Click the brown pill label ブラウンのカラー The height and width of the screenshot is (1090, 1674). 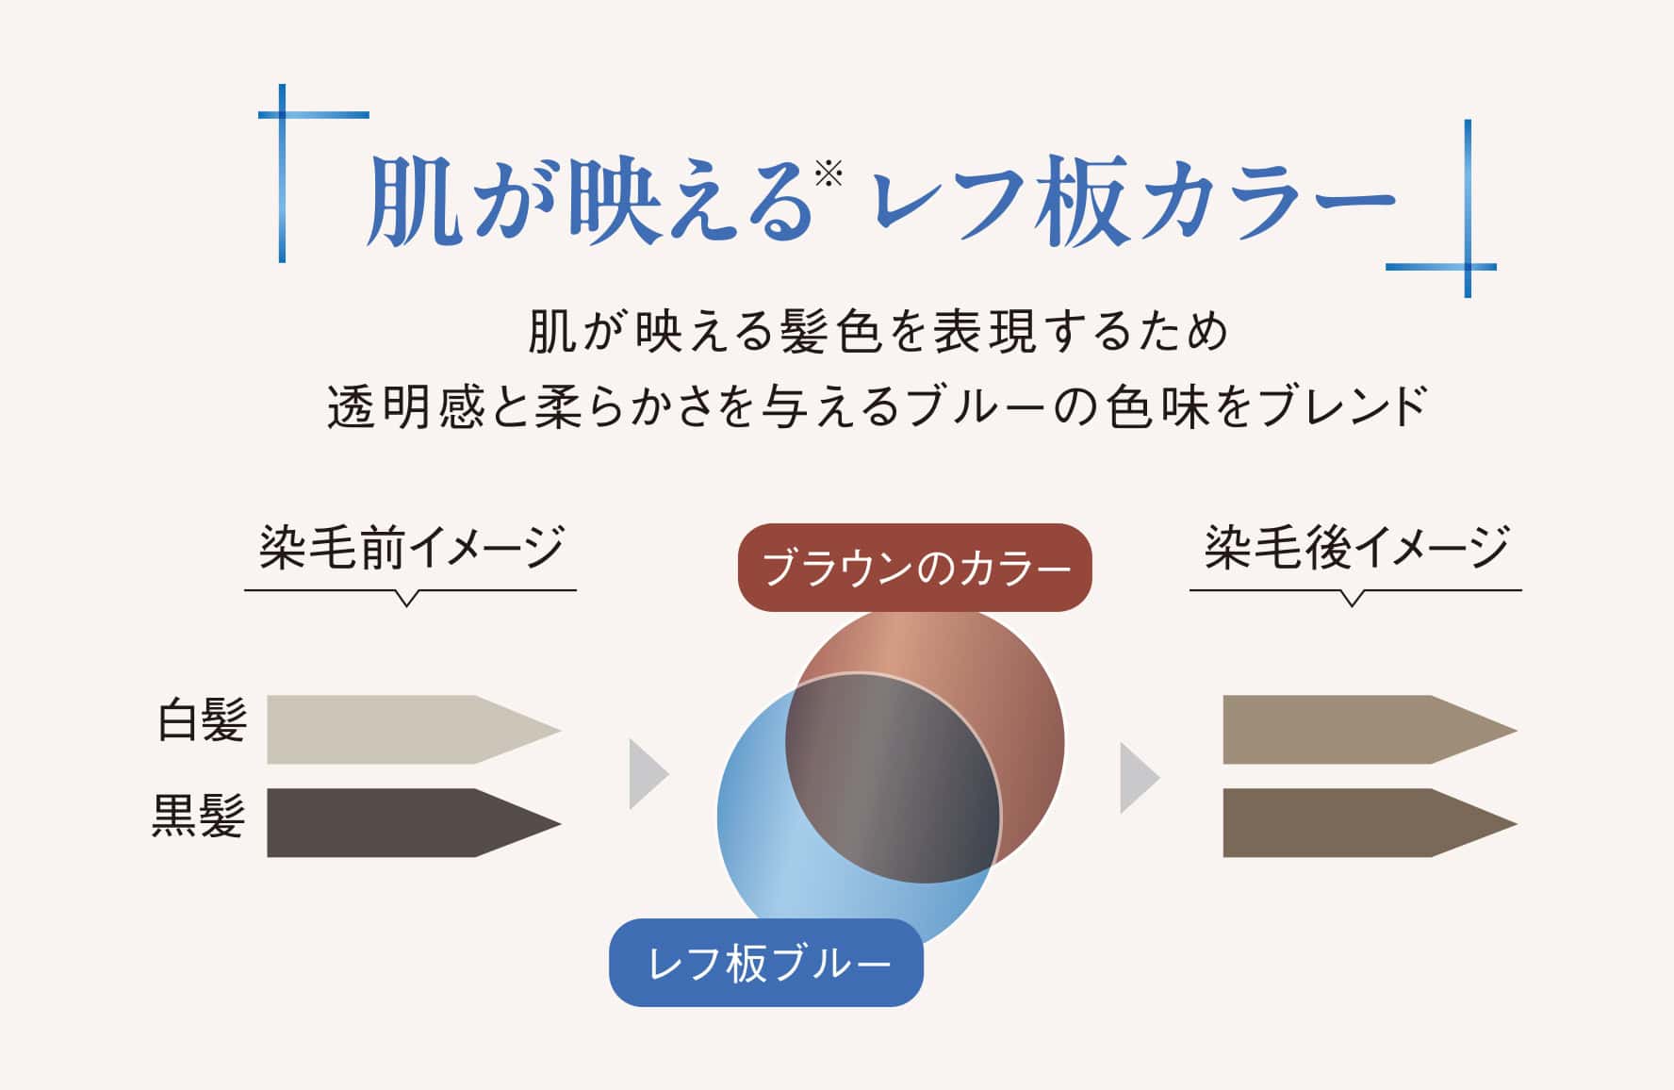pyautogui.click(x=914, y=569)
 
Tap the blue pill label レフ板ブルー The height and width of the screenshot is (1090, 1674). pyautogui.click(x=766, y=963)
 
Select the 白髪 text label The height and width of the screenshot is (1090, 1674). pyautogui.click(x=202, y=721)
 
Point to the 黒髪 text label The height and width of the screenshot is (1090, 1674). pyautogui.click(x=199, y=816)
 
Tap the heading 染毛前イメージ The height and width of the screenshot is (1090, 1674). pyautogui.click(x=411, y=548)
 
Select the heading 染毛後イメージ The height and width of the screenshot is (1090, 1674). pyautogui.click(x=1356, y=548)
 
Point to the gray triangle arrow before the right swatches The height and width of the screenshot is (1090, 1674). pyautogui.click(x=1138, y=778)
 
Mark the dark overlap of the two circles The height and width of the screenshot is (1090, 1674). pyautogui.click(x=891, y=778)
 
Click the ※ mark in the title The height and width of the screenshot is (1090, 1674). pyautogui.click(x=829, y=173)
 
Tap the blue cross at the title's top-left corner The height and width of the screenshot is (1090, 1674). pyautogui.click(x=283, y=115)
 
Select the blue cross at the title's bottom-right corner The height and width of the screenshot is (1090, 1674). pyautogui.click(x=1468, y=267)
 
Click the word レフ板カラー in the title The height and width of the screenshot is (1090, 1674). pyautogui.click(x=1131, y=201)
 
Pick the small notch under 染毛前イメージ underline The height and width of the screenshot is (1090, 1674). pyautogui.click(x=407, y=599)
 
